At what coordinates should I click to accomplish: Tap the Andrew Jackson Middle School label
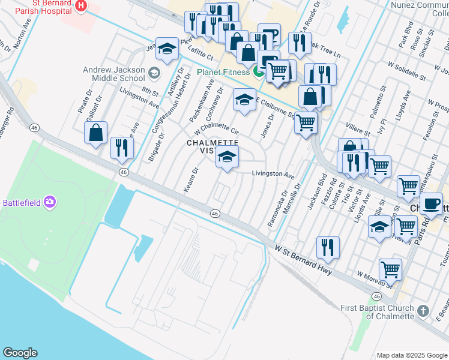point(115,73)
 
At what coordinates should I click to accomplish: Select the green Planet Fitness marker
point(259,73)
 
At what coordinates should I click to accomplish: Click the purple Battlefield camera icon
point(49,202)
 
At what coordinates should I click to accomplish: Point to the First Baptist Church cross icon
point(424,311)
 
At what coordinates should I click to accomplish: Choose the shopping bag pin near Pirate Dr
point(96,133)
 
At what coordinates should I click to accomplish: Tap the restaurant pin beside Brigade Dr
point(122,148)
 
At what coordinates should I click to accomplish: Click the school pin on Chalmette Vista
point(226,158)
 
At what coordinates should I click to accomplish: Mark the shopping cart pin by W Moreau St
point(391,269)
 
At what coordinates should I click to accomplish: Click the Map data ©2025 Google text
point(411,355)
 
